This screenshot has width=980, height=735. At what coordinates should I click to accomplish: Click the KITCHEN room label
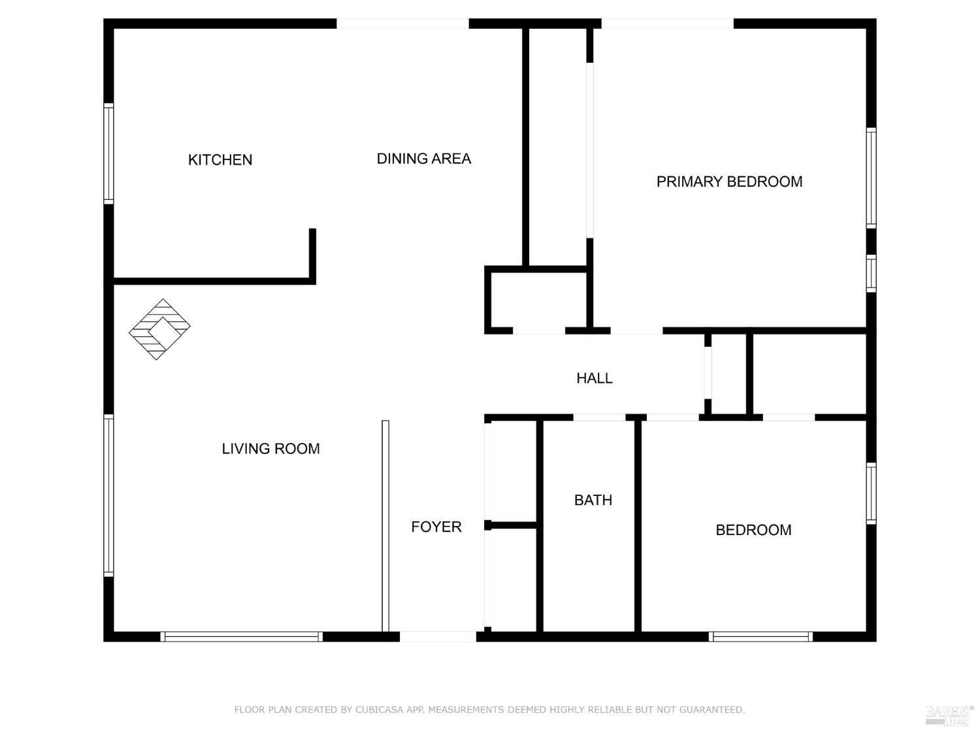click(220, 160)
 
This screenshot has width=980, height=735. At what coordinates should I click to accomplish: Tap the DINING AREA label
click(423, 159)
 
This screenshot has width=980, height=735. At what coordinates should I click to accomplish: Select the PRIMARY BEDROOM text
click(729, 182)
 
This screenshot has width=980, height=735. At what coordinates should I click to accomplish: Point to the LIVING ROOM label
click(270, 449)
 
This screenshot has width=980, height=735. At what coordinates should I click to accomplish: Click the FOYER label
click(436, 527)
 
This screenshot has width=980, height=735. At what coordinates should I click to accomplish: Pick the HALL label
click(594, 378)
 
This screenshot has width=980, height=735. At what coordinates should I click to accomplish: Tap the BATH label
click(593, 500)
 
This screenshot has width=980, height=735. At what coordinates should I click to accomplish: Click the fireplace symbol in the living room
click(159, 329)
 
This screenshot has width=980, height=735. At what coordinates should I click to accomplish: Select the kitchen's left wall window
click(109, 154)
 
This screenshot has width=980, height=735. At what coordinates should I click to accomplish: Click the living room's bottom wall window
click(242, 636)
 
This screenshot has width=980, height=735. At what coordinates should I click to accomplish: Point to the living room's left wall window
click(109, 495)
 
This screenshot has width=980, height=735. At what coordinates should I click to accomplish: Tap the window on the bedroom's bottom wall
click(760, 636)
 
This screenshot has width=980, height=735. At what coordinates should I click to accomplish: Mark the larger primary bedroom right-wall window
click(871, 178)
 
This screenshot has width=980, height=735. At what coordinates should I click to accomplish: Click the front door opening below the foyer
click(438, 636)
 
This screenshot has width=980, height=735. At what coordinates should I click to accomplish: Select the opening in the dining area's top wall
click(402, 24)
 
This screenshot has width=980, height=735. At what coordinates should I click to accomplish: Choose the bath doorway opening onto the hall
click(599, 417)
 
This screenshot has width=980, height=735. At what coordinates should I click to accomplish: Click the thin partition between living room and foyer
click(385, 526)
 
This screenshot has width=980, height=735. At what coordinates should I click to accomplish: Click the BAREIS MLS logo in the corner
click(949, 715)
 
